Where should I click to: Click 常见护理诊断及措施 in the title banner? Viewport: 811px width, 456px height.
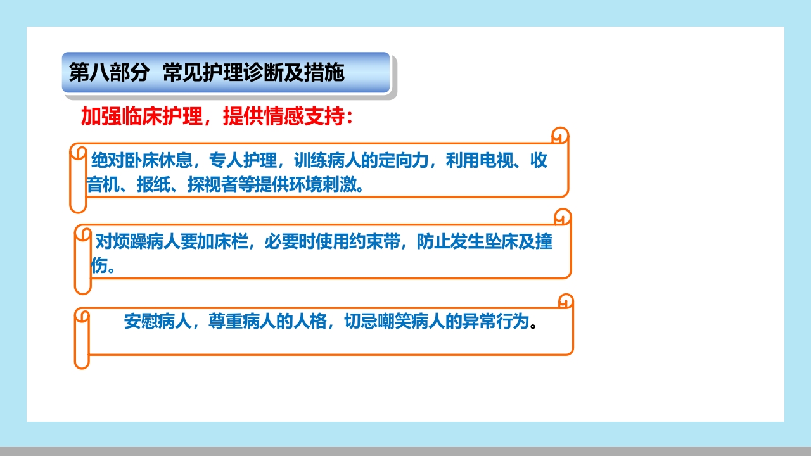253,73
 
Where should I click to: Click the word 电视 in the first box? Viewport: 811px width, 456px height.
497,160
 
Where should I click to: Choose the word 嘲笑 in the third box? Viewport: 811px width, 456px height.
393,322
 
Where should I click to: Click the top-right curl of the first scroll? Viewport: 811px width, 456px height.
560,136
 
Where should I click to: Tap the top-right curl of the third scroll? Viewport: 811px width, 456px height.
565,301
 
